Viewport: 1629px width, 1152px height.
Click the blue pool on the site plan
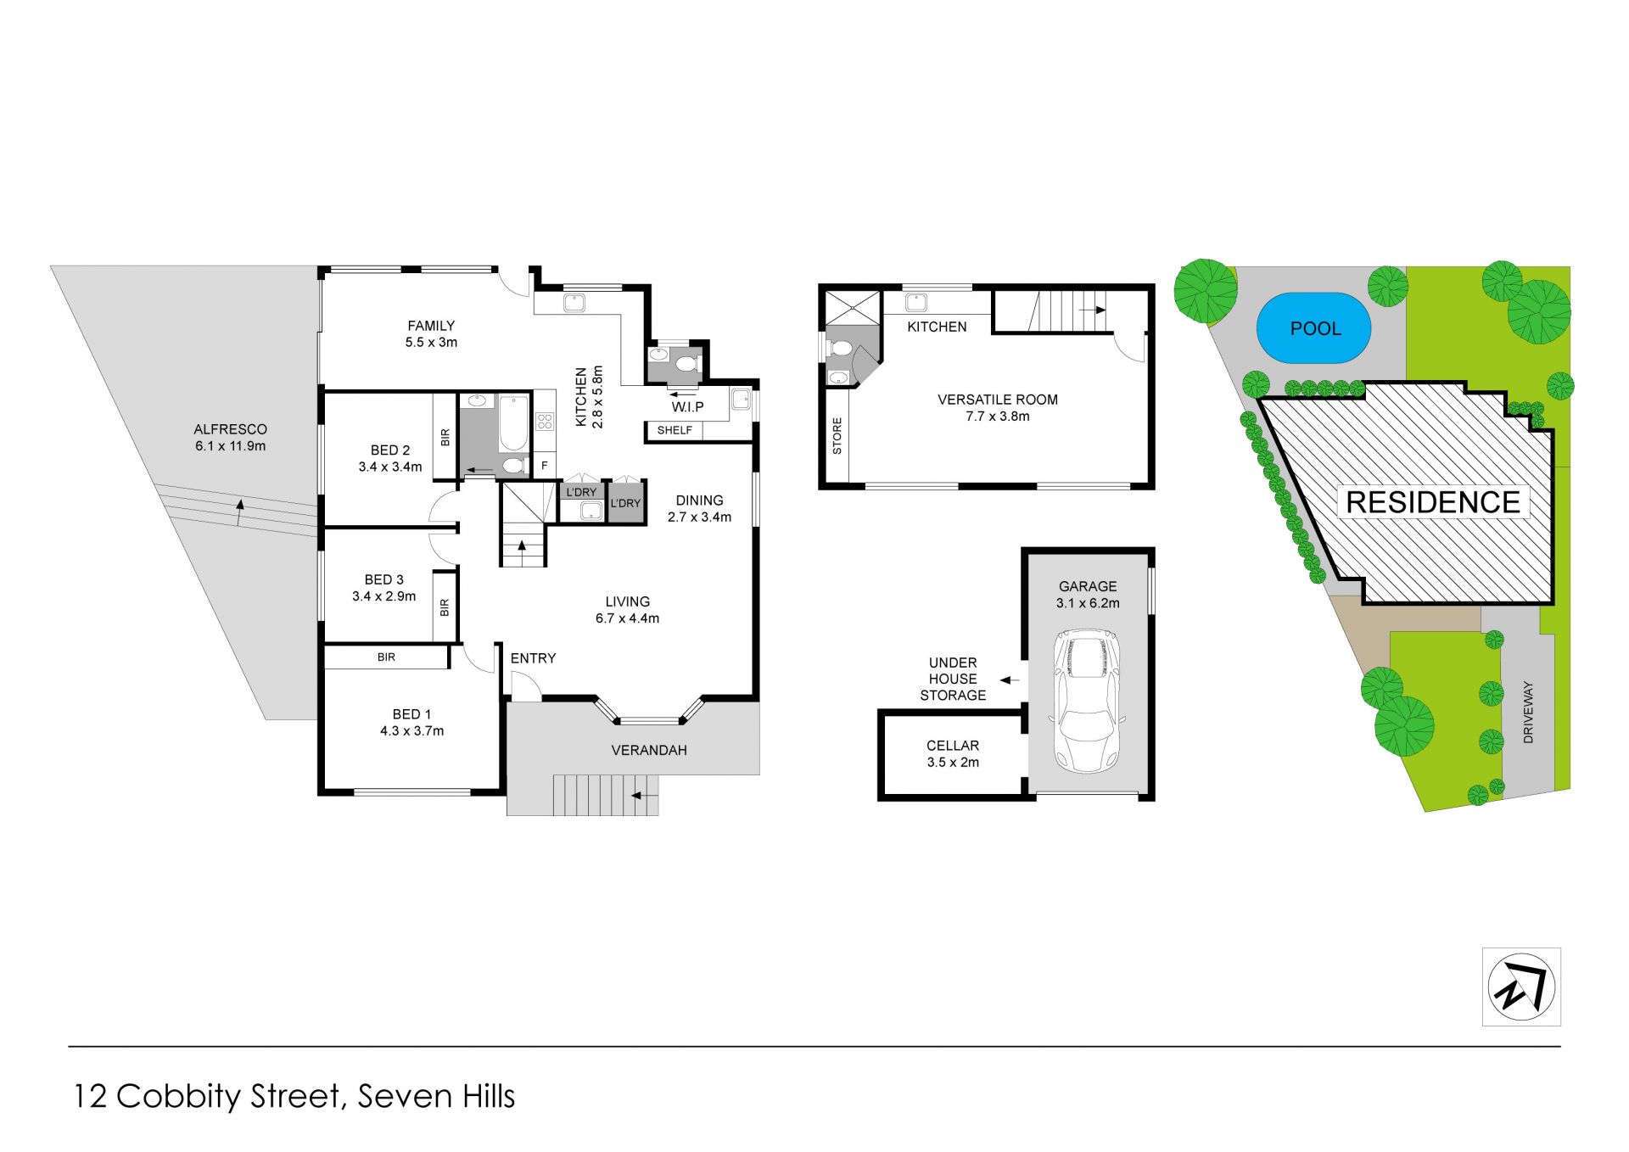[1313, 328]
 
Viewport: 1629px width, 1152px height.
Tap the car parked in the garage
[1087, 701]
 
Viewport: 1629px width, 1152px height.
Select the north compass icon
[1521, 987]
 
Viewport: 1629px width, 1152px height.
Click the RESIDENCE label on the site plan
[1433, 502]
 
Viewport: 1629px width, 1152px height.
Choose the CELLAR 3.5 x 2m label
[953, 753]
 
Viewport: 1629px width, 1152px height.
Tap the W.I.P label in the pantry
[688, 407]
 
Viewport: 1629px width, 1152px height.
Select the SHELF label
[675, 430]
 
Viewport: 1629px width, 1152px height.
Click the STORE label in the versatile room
[837, 436]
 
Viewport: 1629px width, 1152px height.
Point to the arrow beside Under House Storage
[1009, 679]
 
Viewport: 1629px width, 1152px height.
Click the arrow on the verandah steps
[645, 796]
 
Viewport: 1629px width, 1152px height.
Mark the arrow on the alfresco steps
[240, 509]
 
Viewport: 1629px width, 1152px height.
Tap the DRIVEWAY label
[1528, 713]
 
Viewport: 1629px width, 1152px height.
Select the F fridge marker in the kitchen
[545, 466]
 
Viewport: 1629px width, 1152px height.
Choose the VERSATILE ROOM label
[998, 400]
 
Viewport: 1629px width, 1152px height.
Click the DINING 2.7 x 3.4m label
[699, 509]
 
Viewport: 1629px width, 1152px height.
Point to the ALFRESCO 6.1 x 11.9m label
[230, 438]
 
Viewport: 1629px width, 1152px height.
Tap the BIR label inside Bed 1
[386, 657]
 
